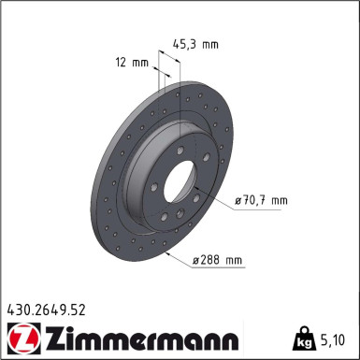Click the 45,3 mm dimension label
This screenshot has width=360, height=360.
point(194,42)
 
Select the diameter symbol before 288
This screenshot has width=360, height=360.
point(196,260)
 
